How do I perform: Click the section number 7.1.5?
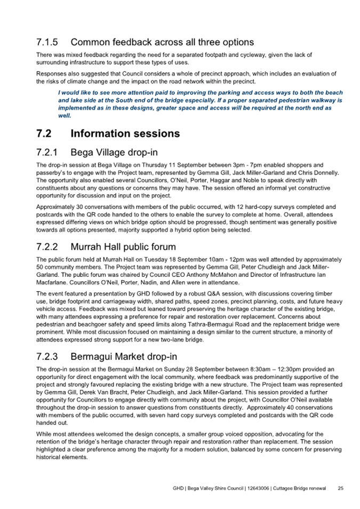tap(48, 42)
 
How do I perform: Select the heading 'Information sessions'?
tap(125, 133)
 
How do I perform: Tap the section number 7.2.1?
tap(48, 152)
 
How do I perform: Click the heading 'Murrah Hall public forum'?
tap(131, 247)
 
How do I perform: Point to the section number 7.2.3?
tap(48, 356)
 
